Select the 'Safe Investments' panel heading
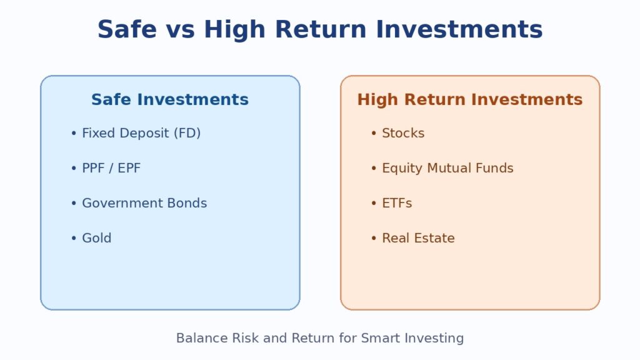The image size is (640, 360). coord(170,99)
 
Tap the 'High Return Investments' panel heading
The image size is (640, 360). coord(469,99)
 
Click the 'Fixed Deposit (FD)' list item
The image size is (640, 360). coord(141,133)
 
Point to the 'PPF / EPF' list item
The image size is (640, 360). coord(111,168)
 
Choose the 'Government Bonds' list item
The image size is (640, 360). coord(144,203)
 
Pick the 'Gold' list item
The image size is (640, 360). coord(97,238)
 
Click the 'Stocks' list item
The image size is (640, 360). coord(403,133)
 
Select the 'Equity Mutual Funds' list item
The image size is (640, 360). coord(447,168)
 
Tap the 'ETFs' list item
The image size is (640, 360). coord(397,203)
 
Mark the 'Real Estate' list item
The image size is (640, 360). coord(418,238)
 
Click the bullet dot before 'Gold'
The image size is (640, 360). coord(74,238)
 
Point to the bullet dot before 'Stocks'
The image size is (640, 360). coord(374,133)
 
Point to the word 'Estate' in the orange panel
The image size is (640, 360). coord(435,238)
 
